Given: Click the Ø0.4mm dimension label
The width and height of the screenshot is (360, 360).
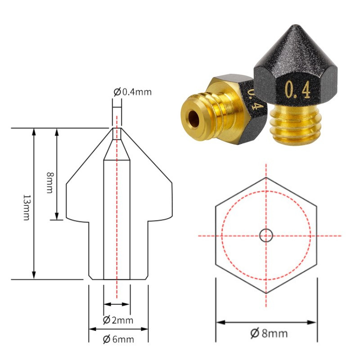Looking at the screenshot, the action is (133, 92).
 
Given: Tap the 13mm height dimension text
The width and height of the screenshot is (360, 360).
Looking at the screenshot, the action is (27, 207).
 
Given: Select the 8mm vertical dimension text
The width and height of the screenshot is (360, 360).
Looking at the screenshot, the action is (50, 183).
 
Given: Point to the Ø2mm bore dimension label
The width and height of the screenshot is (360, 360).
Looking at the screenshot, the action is (118, 320).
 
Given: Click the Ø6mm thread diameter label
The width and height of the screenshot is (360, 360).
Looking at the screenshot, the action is (118, 339).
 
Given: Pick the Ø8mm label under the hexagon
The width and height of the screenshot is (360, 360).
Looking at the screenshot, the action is (269, 333).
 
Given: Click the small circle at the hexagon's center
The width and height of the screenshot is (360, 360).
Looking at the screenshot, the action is (266, 235).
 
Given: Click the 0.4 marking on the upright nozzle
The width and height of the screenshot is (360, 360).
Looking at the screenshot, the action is (298, 90).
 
